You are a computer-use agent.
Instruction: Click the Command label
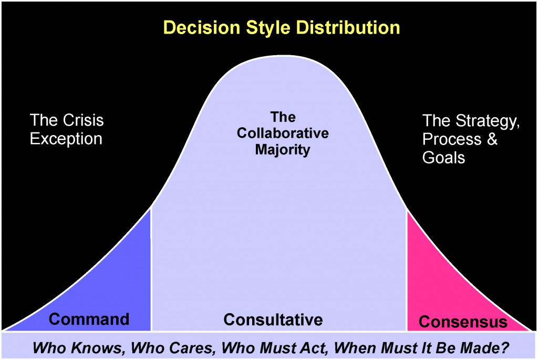[x=89, y=319]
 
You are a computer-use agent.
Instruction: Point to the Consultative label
[x=273, y=319]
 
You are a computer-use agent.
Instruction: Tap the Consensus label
[x=463, y=321]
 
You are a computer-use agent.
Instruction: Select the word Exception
[x=66, y=139]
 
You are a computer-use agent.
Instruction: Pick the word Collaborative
[x=283, y=133]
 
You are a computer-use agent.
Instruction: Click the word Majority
[x=283, y=149]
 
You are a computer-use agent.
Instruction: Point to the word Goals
[x=443, y=157]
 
